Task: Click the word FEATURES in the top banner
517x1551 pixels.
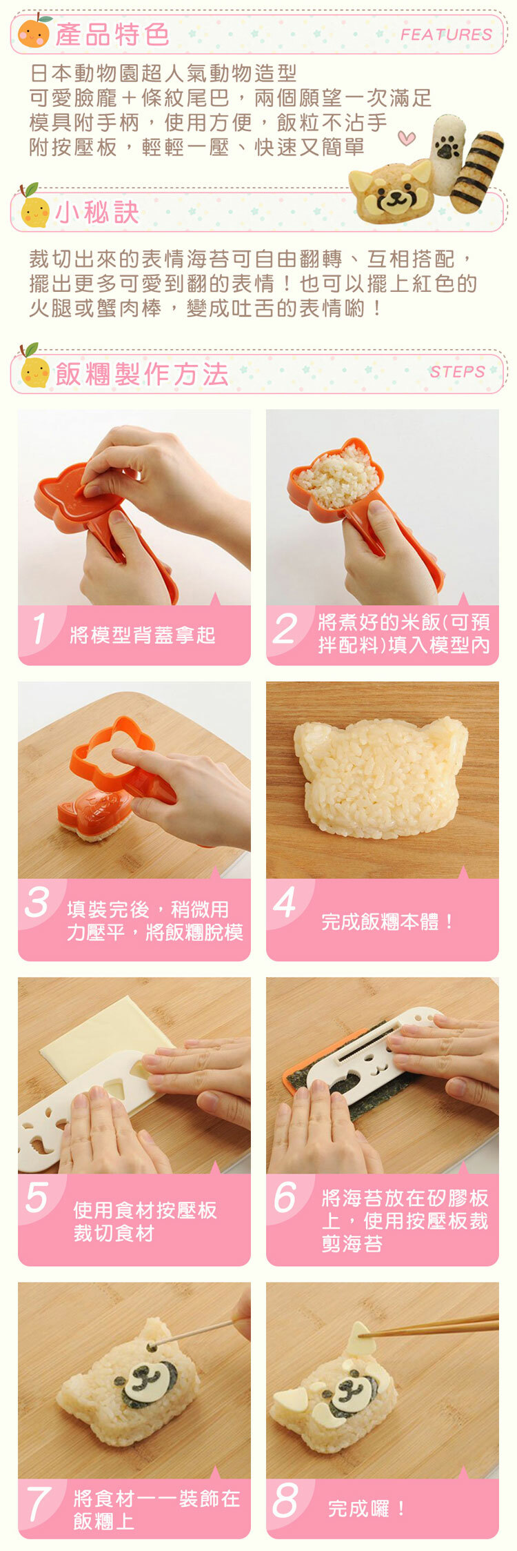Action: coord(446,34)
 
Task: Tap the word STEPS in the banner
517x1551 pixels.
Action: coord(457,372)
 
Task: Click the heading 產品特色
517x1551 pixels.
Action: coord(112,34)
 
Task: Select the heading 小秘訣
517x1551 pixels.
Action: coord(97,213)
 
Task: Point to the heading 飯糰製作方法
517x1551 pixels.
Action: coord(142,374)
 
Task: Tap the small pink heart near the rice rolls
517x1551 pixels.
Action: coord(407,137)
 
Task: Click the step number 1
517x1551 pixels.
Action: coord(39,629)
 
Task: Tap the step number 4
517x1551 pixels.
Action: coord(284,902)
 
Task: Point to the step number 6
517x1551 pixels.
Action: coord(285,1197)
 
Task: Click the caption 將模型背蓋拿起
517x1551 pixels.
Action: coord(143,635)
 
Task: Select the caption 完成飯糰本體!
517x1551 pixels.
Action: coord(387,921)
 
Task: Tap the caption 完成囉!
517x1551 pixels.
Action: coord(367,1508)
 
